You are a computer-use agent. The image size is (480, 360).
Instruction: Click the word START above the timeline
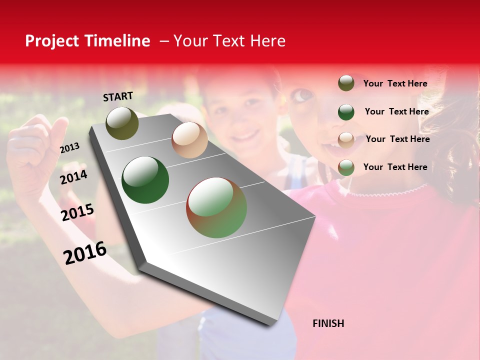click(118, 96)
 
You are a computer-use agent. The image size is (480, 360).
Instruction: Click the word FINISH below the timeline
click(328, 323)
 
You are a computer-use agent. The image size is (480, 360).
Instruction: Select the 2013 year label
click(69, 147)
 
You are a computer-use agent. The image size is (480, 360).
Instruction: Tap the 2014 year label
click(73, 177)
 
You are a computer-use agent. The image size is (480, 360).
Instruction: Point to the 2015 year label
click(77, 212)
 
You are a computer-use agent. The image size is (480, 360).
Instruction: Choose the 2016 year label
click(85, 252)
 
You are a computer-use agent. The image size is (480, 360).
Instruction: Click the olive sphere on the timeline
click(122, 123)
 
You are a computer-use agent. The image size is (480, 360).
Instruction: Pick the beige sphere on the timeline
click(189, 140)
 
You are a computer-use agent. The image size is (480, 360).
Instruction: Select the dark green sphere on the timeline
click(145, 180)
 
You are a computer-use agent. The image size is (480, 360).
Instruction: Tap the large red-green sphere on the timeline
click(216, 207)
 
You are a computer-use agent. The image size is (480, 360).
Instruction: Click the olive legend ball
click(346, 83)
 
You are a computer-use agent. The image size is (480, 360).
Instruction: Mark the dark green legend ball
click(346, 111)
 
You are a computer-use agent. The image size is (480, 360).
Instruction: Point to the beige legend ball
click(346, 139)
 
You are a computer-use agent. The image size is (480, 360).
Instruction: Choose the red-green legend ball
click(346, 167)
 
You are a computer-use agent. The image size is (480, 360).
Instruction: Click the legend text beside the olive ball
click(395, 83)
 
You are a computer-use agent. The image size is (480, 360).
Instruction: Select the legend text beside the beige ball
click(397, 139)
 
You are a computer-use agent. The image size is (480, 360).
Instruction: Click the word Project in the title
click(53, 41)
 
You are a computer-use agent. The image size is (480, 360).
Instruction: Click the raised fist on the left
click(35, 150)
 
